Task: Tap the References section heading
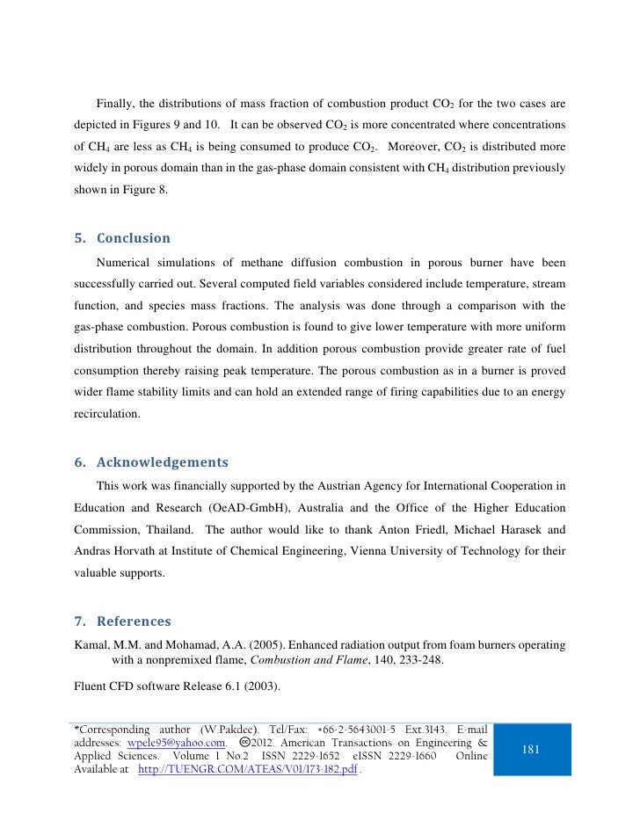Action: pyautogui.click(x=124, y=622)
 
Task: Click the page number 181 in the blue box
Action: pyautogui.click(x=531, y=749)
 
